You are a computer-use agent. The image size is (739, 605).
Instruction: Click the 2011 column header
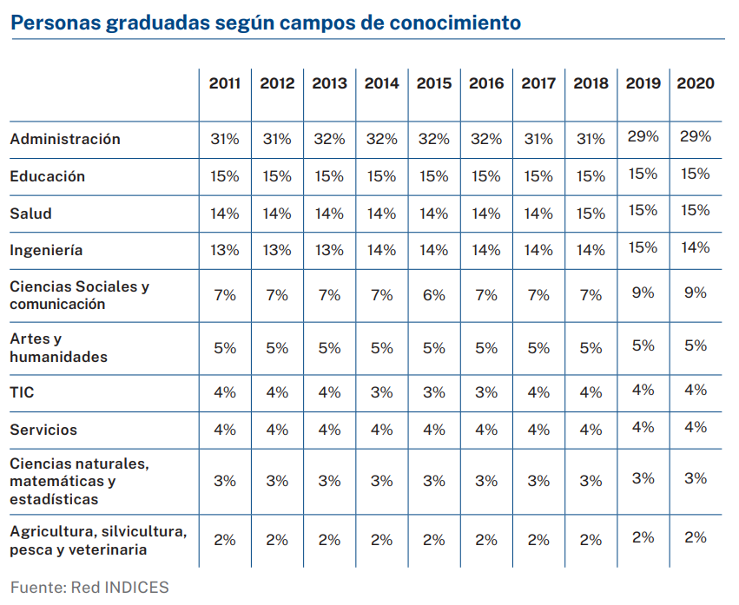click(x=225, y=83)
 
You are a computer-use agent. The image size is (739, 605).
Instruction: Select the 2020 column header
click(x=695, y=83)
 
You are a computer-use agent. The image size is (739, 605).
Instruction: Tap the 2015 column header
click(x=434, y=83)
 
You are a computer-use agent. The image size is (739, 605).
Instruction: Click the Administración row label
click(x=65, y=139)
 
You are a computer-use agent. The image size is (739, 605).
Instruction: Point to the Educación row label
click(x=48, y=176)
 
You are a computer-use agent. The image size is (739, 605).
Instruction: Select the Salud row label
click(x=31, y=214)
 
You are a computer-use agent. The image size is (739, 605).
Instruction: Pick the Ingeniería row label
click(x=47, y=250)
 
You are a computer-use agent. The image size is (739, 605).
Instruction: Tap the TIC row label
click(x=23, y=392)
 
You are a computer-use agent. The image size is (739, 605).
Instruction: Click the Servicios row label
click(x=43, y=430)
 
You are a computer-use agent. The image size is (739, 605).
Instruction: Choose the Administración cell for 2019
click(x=643, y=136)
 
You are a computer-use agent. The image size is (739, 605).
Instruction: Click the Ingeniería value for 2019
click(x=643, y=247)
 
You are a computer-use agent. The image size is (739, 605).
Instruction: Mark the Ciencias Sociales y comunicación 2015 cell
click(x=434, y=295)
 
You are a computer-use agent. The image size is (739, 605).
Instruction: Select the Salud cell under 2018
click(x=591, y=214)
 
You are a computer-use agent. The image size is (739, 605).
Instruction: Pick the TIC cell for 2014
click(x=381, y=392)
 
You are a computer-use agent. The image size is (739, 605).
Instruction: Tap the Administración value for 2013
click(x=329, y=139)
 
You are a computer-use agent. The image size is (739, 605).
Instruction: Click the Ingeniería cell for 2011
click(x=225, y=250)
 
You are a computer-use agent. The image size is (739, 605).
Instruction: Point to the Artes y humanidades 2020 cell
click(x=695, y=345)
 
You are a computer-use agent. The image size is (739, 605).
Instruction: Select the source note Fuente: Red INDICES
click(x=89, y=588)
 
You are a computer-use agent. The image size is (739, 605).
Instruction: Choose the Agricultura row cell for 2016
click(x=486, y=540)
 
